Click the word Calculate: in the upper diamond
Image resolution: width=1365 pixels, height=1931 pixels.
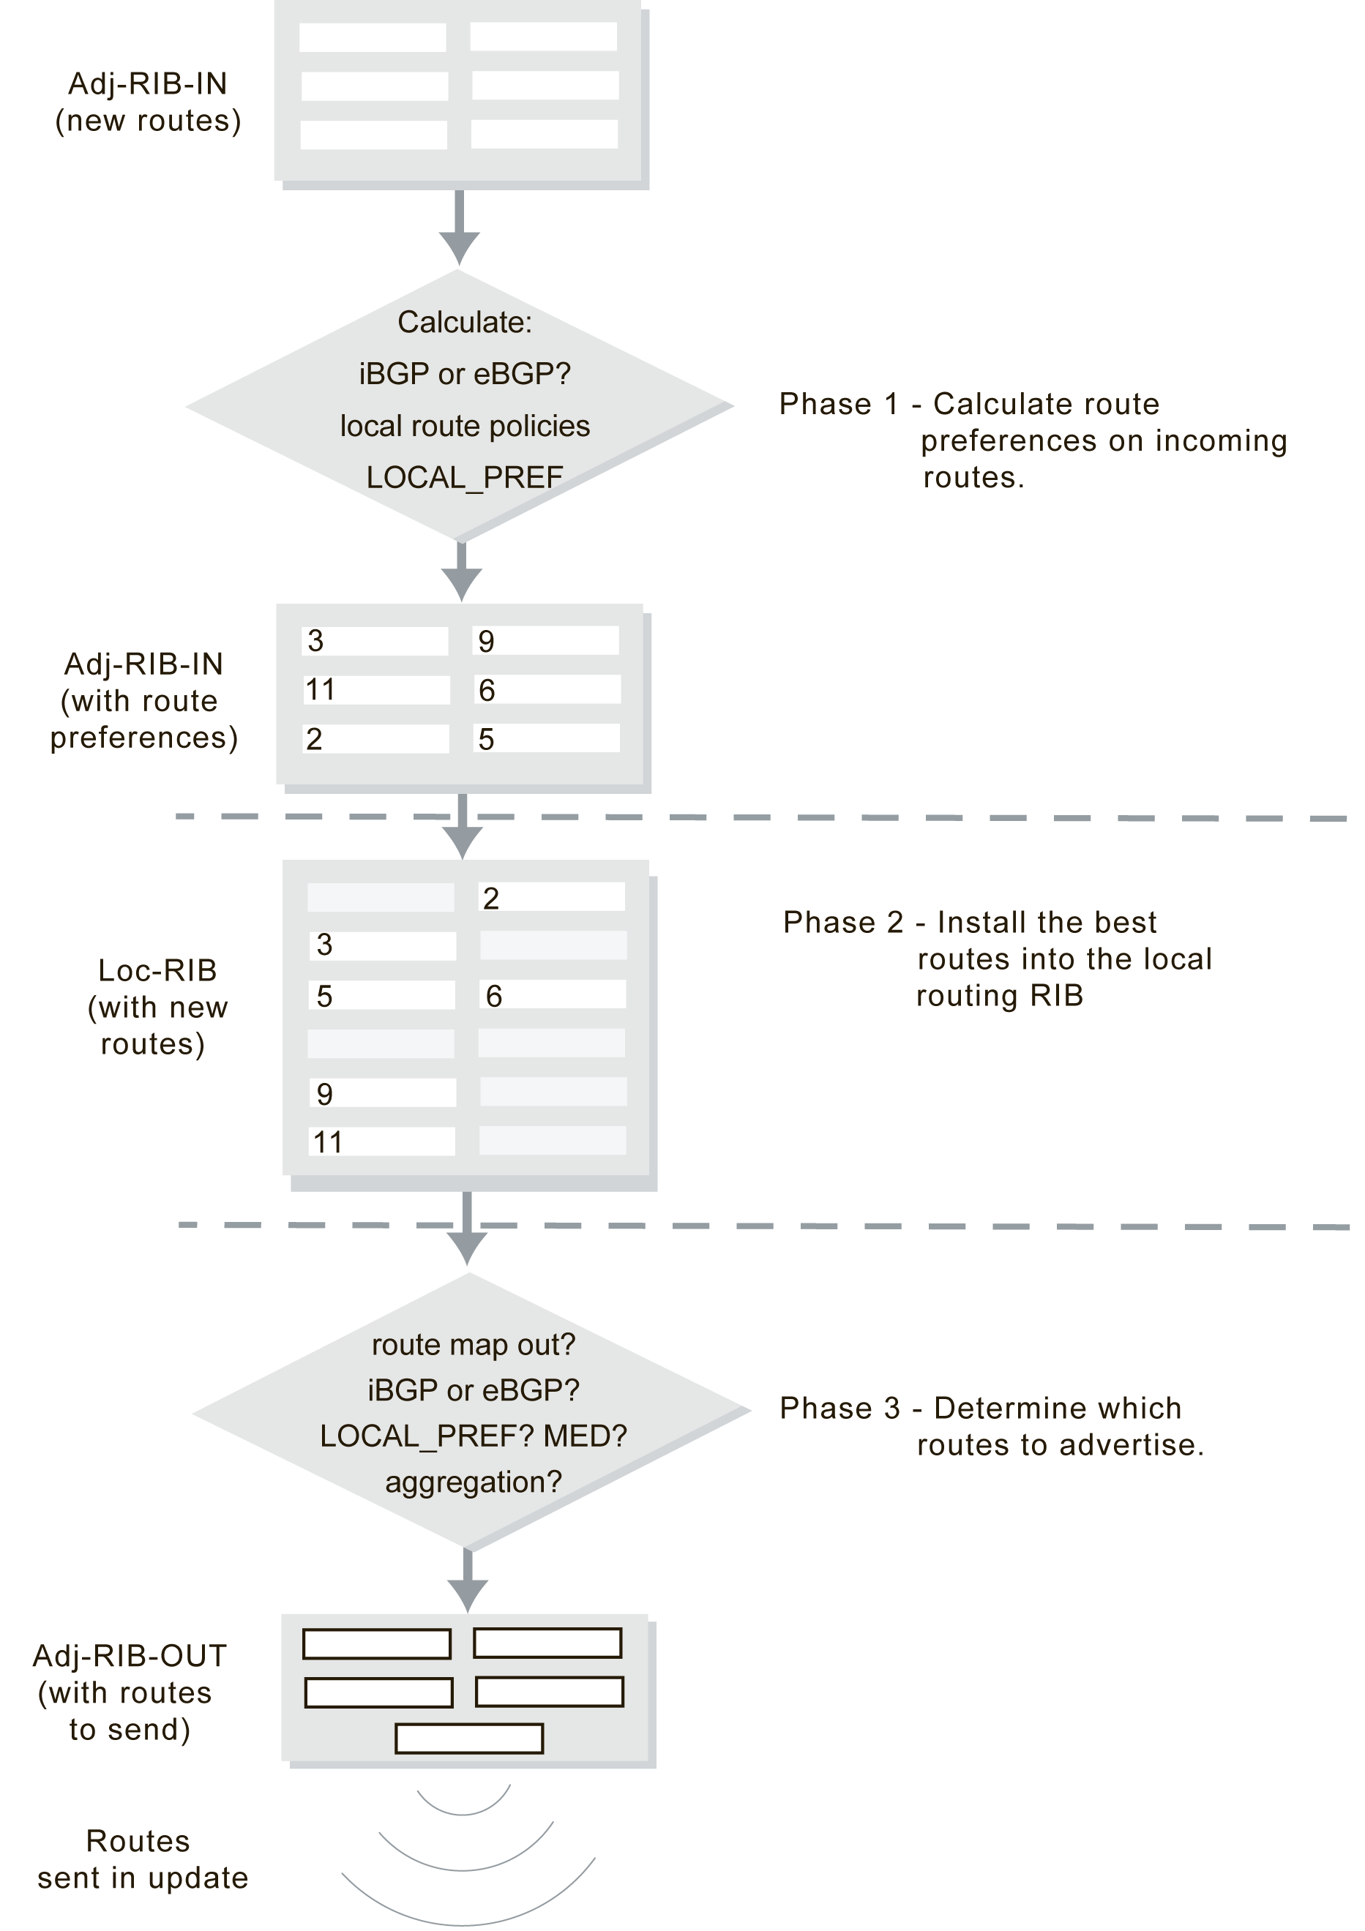click(464, 323)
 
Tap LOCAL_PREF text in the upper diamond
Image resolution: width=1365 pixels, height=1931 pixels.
click(464, 478)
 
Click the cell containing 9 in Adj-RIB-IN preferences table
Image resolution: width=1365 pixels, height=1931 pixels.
click(546, 641)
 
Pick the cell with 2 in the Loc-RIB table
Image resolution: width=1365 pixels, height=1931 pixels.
click(552, 897)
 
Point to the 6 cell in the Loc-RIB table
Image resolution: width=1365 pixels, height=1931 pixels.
click(552, 996)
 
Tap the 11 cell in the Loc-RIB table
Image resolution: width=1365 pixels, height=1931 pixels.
click(382, 1142)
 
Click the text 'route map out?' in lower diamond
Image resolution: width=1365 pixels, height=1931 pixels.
click(474, 1345)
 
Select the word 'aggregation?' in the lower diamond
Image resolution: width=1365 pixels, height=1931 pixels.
click(474, 1481)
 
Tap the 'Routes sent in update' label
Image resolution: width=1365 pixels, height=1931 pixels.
click(140, 1859)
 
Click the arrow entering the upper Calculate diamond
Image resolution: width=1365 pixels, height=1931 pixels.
click(459, 227)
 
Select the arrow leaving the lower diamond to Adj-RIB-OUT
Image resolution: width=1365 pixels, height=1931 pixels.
click(468, 1581)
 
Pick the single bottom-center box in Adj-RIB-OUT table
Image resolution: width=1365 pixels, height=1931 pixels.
click(469, 1738)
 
